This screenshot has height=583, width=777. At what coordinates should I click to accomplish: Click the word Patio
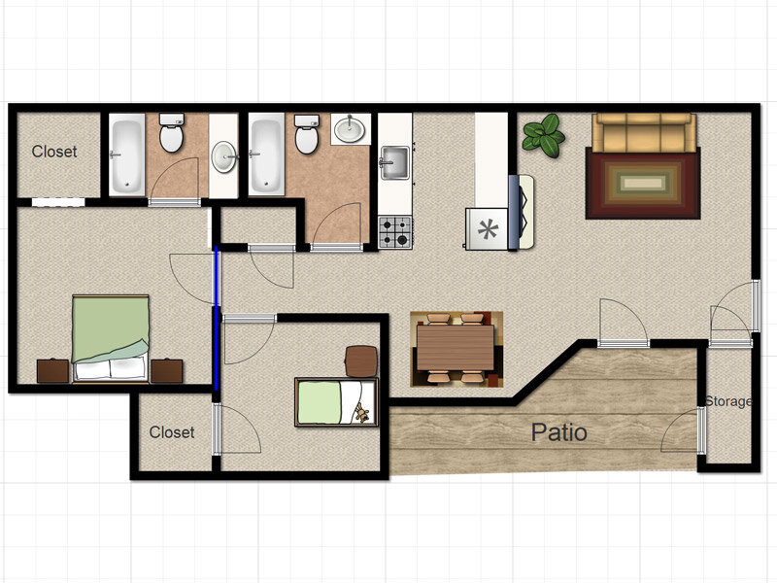[558, 431]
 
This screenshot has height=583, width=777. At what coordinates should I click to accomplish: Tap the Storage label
[728, 401]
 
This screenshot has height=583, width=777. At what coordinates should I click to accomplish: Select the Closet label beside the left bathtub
[54, 152]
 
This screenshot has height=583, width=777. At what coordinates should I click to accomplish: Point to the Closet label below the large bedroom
[171, 432]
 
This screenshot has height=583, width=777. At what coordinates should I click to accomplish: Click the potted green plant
[543, 135]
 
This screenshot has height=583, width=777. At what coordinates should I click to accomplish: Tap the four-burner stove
[395, 231]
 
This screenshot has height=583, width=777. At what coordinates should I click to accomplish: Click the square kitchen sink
[395, 161]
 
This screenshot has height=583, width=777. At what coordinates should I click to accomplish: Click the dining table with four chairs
[456, 347]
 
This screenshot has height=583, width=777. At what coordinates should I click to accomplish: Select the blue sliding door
[216, 319]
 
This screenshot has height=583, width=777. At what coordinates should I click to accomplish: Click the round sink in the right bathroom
[349, 129]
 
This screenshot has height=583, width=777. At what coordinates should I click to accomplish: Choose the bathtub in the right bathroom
[266, 154]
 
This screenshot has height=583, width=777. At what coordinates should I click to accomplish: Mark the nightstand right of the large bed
[166, 370]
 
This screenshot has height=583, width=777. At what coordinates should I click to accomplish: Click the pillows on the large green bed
[111, 368]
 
